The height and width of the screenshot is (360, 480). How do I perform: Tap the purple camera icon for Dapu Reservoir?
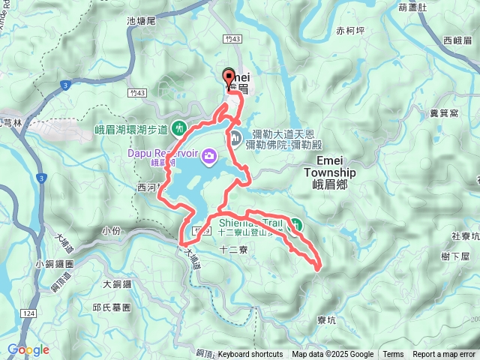(208, 157)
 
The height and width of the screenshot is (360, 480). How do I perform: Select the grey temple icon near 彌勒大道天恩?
(235, 137)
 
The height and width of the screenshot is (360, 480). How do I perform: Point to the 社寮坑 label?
(465, 236)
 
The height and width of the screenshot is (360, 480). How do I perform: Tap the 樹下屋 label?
(455, 256)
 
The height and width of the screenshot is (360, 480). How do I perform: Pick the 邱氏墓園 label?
(112, 307)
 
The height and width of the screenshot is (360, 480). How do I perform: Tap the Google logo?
(28, 349)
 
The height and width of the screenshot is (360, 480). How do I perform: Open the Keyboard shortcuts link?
(250, 355)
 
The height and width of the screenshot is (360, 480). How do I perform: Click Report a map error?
(445, 355)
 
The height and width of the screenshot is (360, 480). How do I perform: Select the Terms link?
(393, 355)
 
